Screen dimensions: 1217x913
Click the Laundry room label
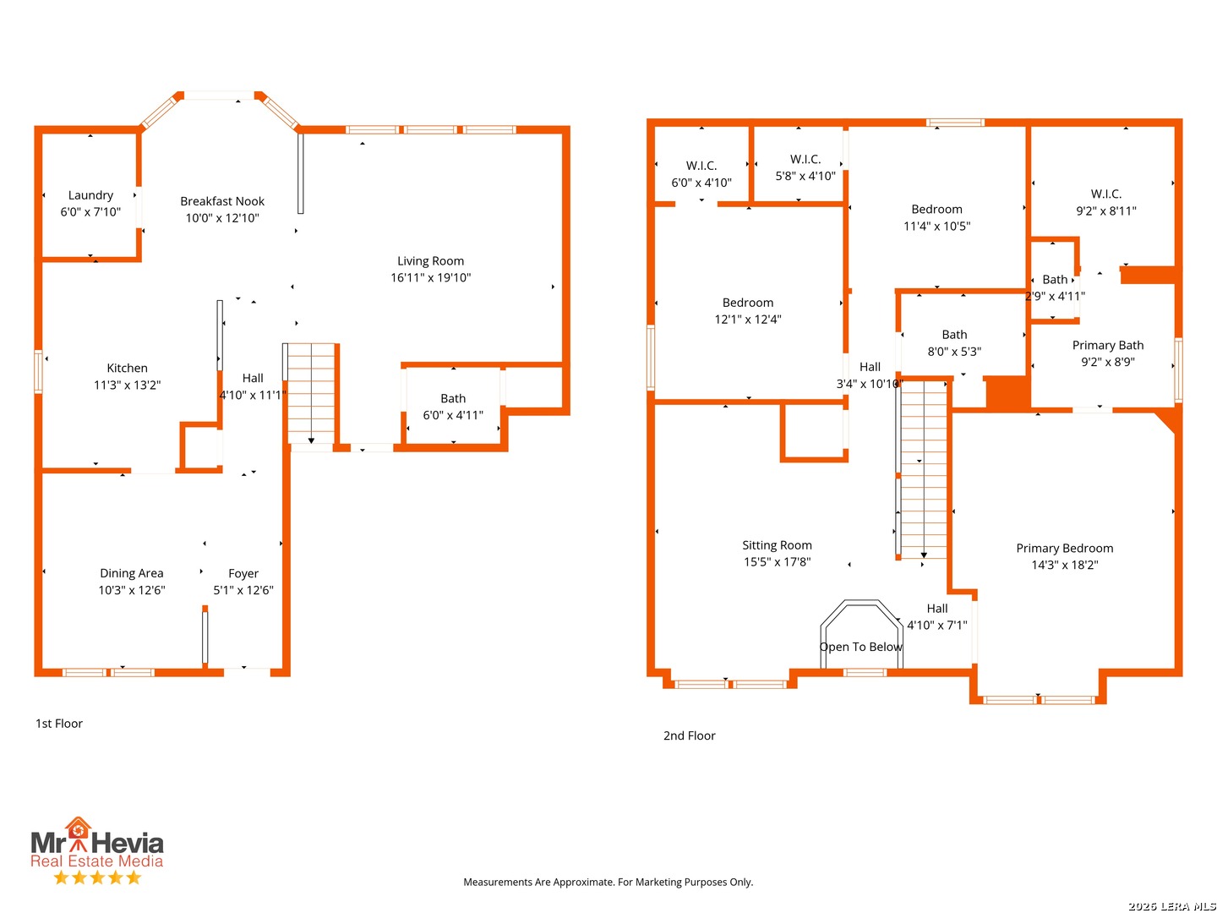click(90, 194)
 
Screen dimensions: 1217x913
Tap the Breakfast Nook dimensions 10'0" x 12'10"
click(221, 217)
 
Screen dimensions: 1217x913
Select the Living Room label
click(430, 260)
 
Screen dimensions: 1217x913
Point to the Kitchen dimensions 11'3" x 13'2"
click(127, 384)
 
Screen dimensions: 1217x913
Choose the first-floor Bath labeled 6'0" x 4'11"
click(452, 406)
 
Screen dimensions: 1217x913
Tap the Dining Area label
click(131, 572)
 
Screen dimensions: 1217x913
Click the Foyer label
click(243, 572)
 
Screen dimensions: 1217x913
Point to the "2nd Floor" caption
click(689, 735)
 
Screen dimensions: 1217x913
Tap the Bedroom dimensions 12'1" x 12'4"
click(747, 319)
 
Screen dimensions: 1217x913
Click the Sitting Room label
click(776, 544)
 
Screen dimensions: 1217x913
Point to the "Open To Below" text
click(860, 647)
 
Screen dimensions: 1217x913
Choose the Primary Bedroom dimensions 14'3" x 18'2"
click(1064, 564)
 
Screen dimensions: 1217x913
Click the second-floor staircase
click(922, 469)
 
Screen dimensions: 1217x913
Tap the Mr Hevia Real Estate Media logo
click(97, 850)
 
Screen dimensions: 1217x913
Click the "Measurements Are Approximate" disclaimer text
click(608, 881)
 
